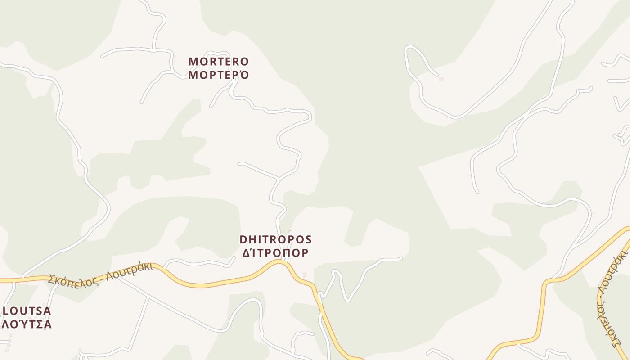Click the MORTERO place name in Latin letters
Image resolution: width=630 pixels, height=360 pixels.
(x=218, y=61)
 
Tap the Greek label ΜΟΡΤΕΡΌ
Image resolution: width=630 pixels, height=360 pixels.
(x=218, y=75)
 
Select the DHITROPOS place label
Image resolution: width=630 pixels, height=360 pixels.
(x=275, y=239)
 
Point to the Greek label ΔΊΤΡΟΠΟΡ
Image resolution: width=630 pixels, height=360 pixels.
(x=275, y=253)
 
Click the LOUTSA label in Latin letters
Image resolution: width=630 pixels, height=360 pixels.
(x=27, y=311)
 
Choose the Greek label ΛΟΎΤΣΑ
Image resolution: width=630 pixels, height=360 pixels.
(x=27, y=324)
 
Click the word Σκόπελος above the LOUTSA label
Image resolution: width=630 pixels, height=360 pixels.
(x=70, y=277)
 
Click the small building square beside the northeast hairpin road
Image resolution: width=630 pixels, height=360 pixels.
(x=441, y=79)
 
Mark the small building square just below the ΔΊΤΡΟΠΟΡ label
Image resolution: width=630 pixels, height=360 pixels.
(x=305, y=274)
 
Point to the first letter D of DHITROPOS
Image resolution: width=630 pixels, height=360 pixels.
(x=243, y=239)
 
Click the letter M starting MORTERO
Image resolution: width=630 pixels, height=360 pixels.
(x=193, y=61)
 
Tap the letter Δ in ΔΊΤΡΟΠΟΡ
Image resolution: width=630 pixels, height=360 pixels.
(x=247, y=253)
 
